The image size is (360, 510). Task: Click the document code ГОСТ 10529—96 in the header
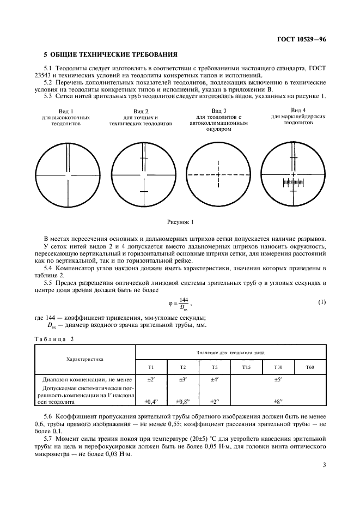(302, 39)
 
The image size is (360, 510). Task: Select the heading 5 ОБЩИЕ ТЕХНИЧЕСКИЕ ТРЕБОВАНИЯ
(110, 55)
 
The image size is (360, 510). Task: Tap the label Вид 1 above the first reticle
(66, 111)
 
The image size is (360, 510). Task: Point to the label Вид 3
(218, 111)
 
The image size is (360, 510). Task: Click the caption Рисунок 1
(180, 222)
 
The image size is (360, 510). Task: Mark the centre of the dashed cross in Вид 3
(218, 175)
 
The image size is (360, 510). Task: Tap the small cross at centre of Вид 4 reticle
(293, 174)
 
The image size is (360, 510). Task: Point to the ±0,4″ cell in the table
(150, 402)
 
